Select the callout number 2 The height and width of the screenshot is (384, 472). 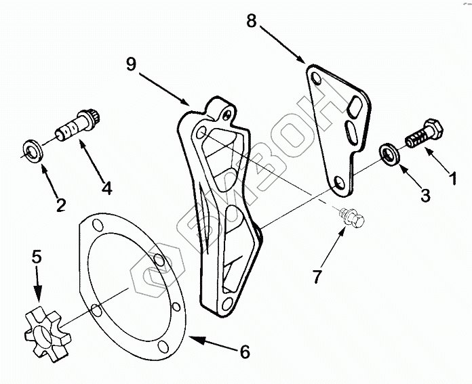coord(60,204)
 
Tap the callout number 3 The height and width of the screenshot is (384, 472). coord(425,196)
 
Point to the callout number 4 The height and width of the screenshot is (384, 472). coord(106,188)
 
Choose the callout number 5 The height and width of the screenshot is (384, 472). coord(37,257)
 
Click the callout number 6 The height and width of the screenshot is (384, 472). coord(245,352)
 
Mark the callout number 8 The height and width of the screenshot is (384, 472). coord(251,21)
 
